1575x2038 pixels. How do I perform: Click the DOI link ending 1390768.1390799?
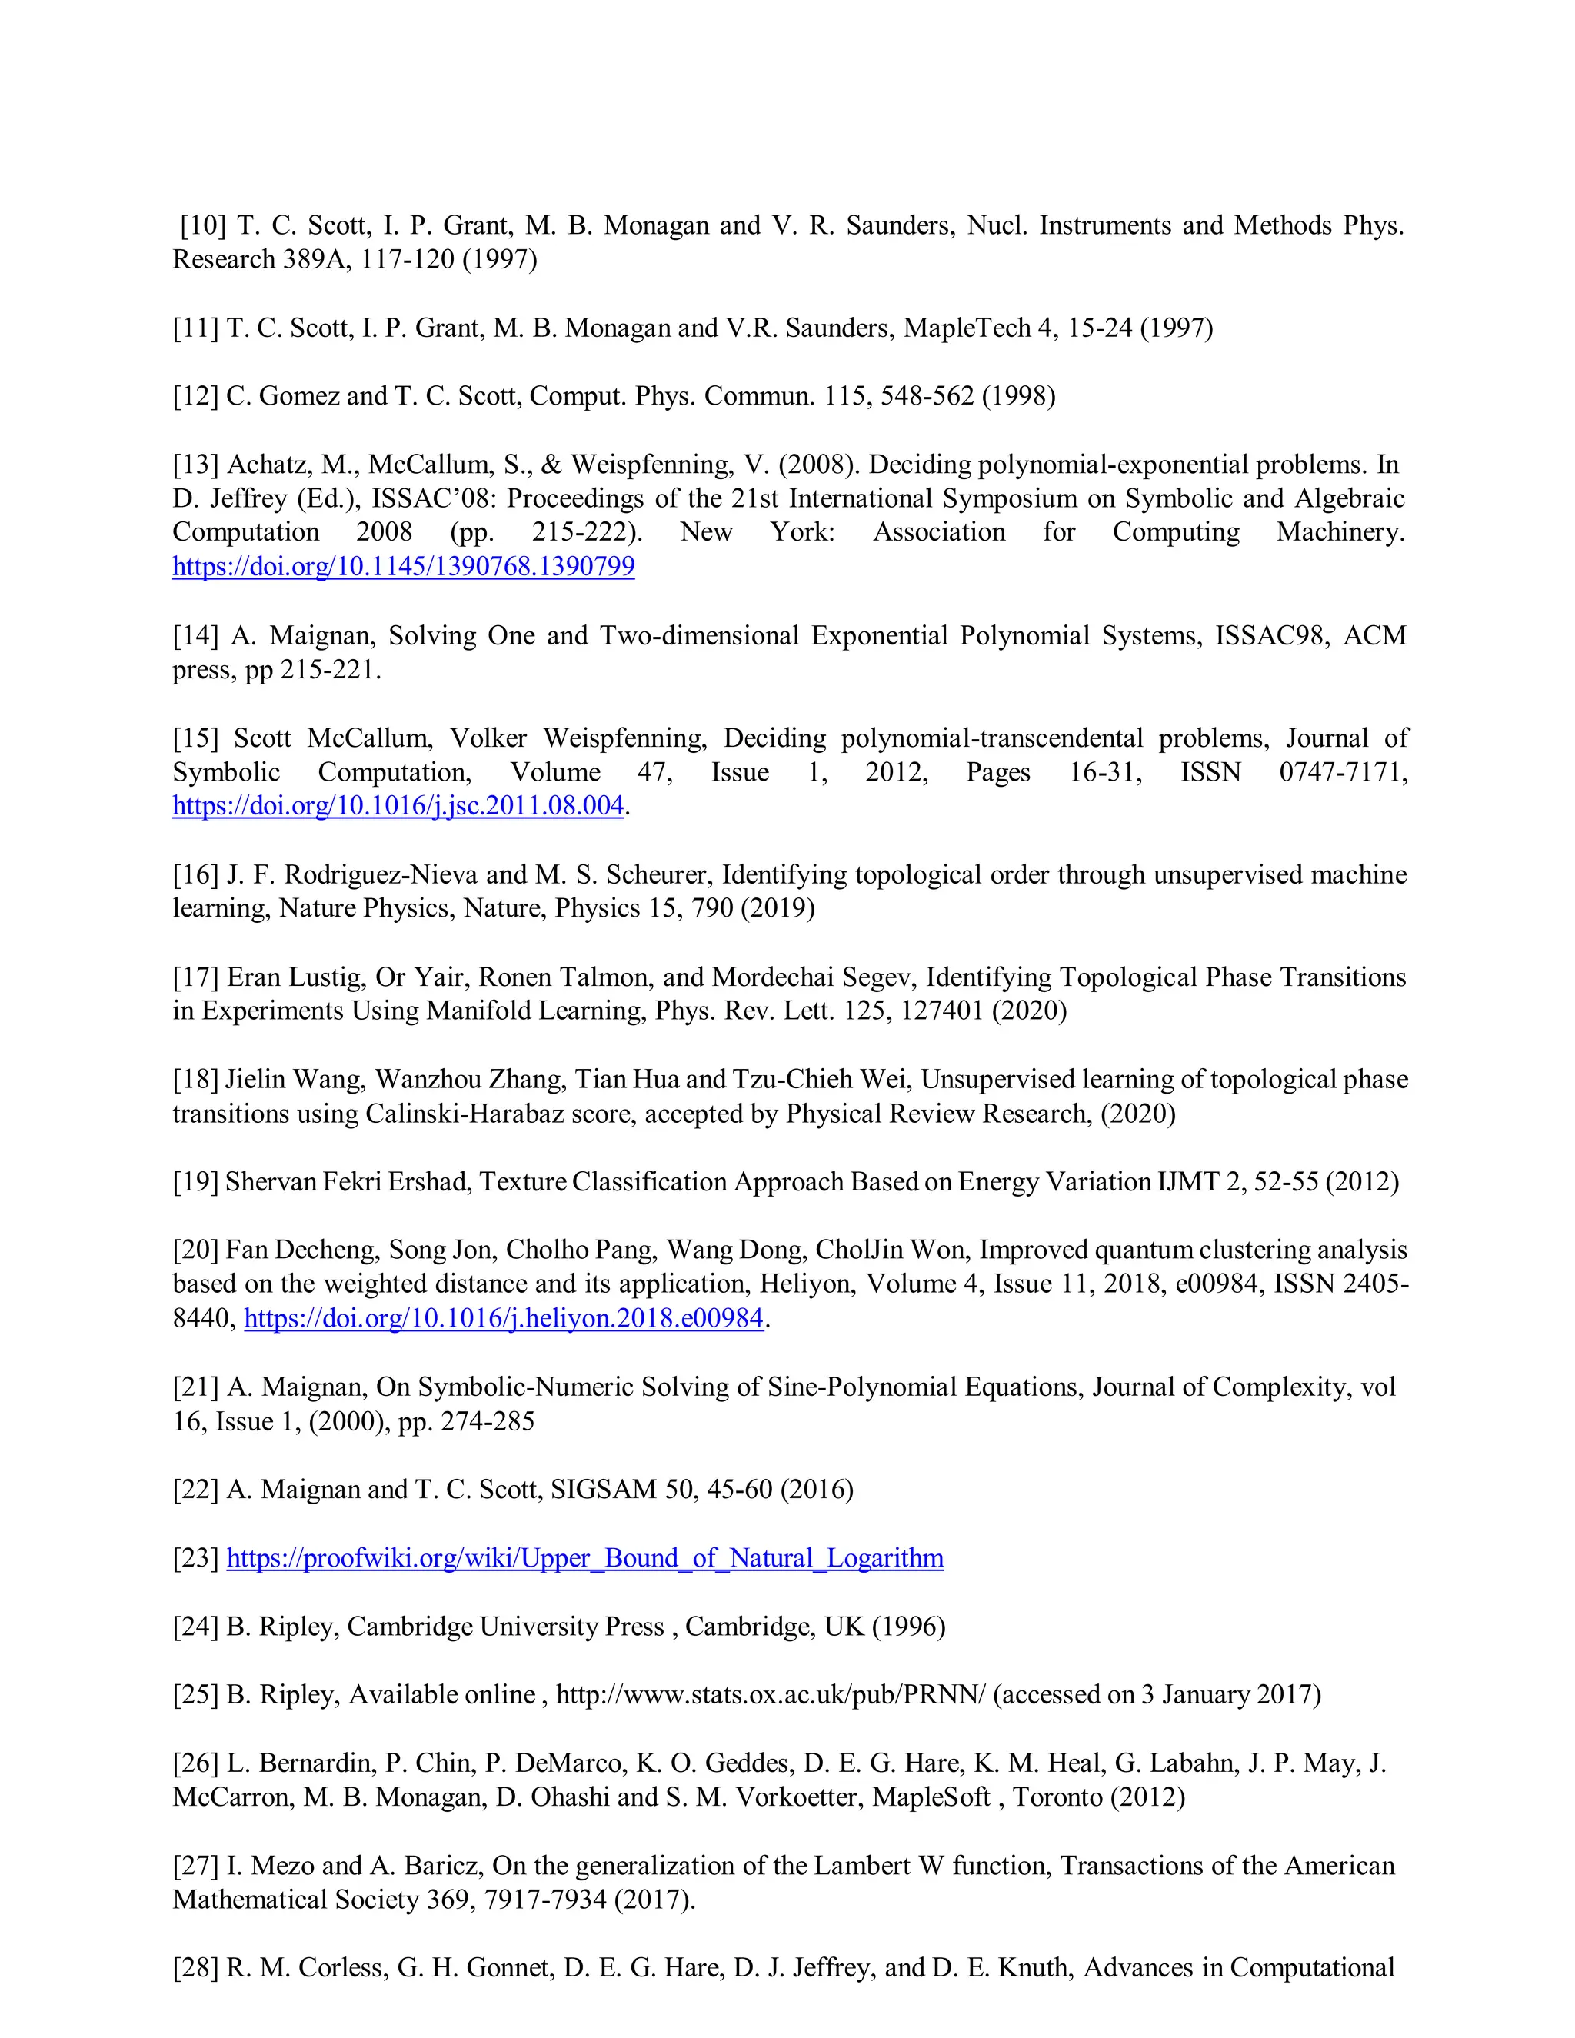pyautogui.click(x=403, y=567)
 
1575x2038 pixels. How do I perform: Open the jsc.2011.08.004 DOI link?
pyautogui.click(x=398, y=805)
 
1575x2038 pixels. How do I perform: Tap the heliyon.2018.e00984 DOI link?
pyautogui.click(x=503, y=1317)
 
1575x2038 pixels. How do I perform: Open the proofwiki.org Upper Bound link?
pyautogui.click(x=584, y=1557)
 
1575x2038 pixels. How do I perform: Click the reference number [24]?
pyautogui.click(x=196, y=1627)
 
